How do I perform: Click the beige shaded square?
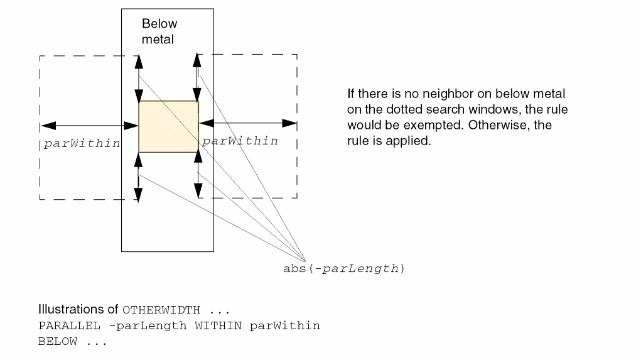click(x=168, y=126)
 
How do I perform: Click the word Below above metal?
click(x=159, y=24)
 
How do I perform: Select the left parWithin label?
click(x=82, y=143)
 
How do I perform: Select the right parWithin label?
click(x=240, y=141)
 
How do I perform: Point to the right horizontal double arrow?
click(x=248, y=123)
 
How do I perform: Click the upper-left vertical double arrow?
click(x=139, y=78)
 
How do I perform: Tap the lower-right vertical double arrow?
click(x=198, y=175)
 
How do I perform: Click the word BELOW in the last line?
click(x=58, y=342)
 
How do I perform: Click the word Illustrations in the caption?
click(x=72, y=310)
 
